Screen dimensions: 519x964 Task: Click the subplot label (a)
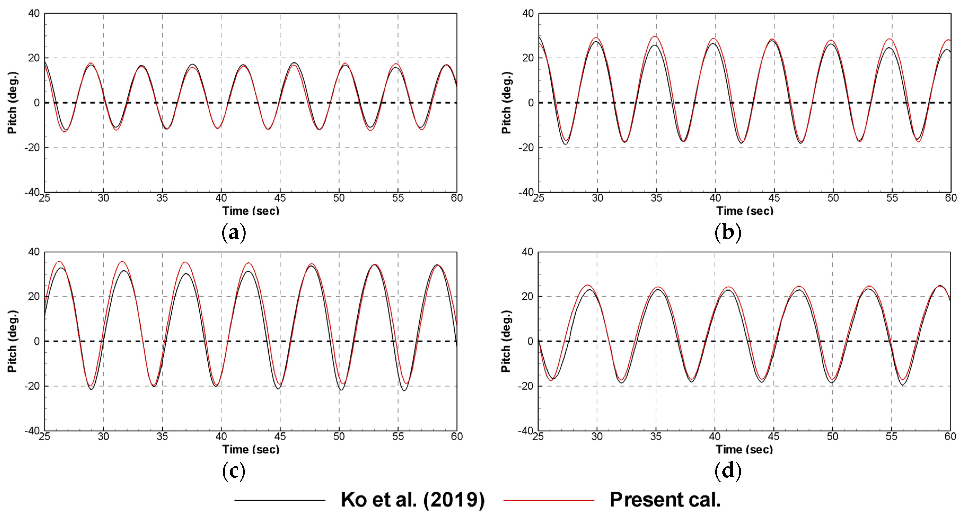(234, 233)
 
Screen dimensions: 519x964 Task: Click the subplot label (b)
(727, 233)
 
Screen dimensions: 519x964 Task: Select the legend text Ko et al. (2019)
(412, 500)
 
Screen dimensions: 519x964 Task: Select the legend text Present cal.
(665, 500)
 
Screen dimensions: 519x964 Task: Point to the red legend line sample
(549, 500)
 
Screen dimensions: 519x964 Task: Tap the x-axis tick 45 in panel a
(280, 198)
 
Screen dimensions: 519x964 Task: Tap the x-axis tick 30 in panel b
(597, 198)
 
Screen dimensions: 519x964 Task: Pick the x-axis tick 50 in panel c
(339, 436)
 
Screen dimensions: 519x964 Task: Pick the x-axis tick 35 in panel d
(656, 436)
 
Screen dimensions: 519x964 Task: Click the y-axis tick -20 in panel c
(32, 386)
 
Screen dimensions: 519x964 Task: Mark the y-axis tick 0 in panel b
(531, 103)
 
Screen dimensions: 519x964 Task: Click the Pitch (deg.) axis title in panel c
(12, 341)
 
